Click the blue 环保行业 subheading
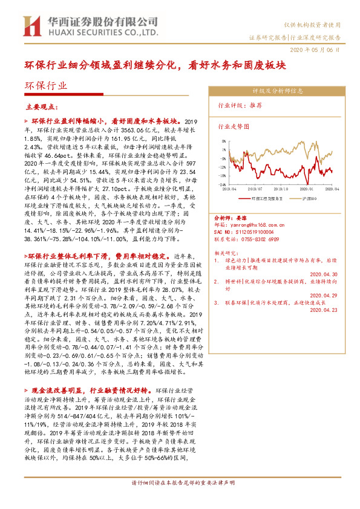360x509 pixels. (46, 86)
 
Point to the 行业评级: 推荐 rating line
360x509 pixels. (240, 105)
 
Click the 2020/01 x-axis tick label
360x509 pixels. (306, 189)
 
